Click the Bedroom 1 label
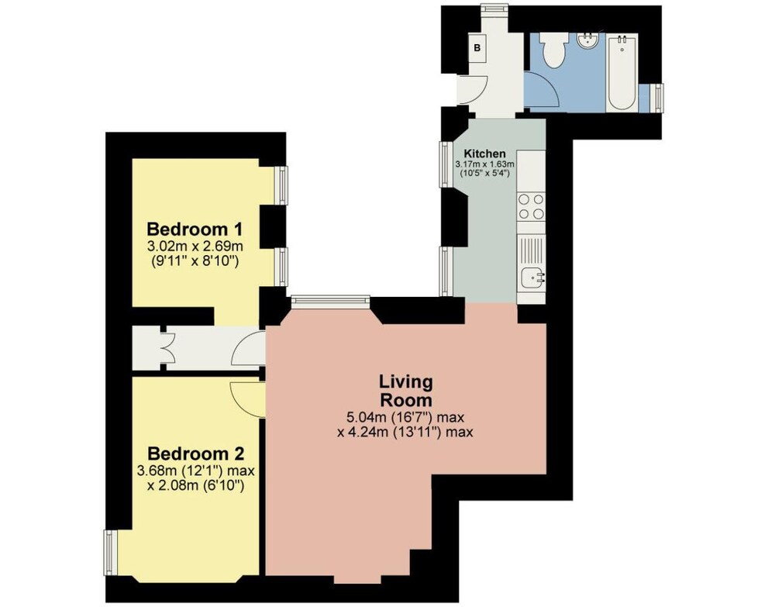(195, 229)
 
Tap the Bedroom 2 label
(196, 454)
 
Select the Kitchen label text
(484, 153)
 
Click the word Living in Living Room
(406, 381)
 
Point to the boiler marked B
(477, 47)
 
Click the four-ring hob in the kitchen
(532, 207)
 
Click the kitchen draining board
(532, 250)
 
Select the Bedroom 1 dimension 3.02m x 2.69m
(195, 246)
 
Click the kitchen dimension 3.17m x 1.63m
(485, 164)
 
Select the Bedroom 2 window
(111, 553)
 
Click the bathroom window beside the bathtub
(658, 98)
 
